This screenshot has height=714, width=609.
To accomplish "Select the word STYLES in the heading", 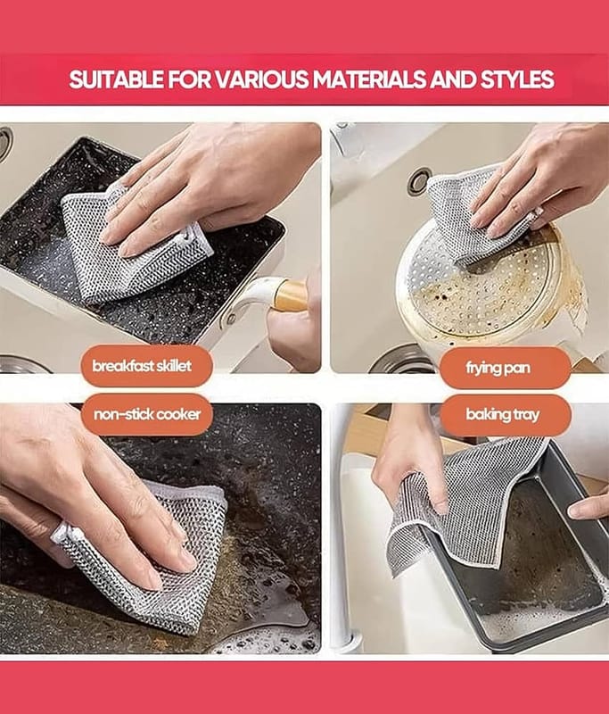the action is [517, 79].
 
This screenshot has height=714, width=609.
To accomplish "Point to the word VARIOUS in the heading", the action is [261, 79].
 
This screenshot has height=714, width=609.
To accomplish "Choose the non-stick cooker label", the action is [146, 414].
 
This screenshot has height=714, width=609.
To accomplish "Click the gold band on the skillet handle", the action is [291, 296].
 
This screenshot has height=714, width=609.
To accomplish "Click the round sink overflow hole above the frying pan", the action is [419, 181].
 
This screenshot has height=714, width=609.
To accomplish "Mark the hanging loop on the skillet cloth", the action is [186, 236].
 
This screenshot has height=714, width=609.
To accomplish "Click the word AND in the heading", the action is [453, 79].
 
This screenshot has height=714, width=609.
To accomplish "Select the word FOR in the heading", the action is [189, 79].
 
